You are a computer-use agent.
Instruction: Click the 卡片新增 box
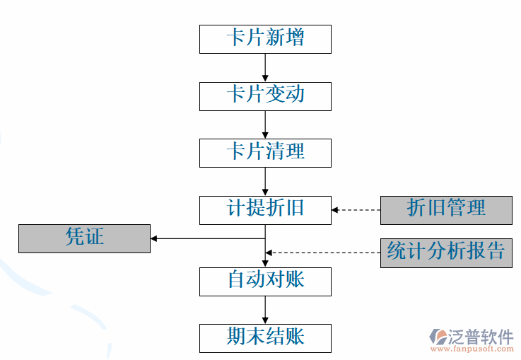(x=265, y=39)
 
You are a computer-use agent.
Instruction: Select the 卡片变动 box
(x=265, y=96)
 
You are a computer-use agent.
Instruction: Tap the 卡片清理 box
(x=265, y=153)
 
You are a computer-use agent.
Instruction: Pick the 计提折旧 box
(x=265, y=210)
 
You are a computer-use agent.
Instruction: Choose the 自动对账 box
(x=265, y=281)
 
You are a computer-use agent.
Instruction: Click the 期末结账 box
(x=265, y=338)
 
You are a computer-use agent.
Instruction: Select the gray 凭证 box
(x=84, y=238)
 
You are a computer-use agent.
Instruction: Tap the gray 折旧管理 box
(x=446, y=210)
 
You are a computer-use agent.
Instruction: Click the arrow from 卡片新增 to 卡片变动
(x=265, y=67)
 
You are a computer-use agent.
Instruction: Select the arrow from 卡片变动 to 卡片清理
(x=265, y=124)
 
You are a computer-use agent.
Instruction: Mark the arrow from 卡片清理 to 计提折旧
(x=265, y=181)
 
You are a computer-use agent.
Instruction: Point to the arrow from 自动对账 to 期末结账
(x=265, y=309)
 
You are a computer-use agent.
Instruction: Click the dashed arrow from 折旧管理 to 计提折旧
(x=356, y=210)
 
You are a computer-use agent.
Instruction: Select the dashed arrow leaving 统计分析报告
(x=323, y=252)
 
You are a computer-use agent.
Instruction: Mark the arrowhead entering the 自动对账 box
(x=265, y=262)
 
